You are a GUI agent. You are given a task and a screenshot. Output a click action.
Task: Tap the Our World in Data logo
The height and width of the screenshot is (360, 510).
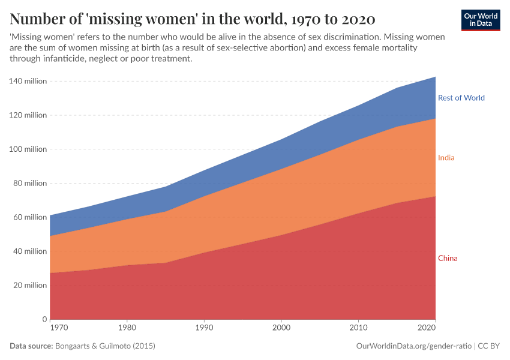pos(480,20)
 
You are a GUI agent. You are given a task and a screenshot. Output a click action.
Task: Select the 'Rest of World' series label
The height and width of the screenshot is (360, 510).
pos(461,98)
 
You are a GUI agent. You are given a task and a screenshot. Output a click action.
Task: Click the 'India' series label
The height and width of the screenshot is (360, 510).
pos(446,158)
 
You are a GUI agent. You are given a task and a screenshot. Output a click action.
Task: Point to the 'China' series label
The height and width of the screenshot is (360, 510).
pos(447,259)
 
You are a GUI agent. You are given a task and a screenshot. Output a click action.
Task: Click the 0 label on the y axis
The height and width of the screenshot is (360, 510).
pos(44,319)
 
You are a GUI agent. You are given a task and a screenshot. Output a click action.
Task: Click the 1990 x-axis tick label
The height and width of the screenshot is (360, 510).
pos(205,329)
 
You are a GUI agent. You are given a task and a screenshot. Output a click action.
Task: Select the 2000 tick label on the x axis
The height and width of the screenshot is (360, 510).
pos(281,329)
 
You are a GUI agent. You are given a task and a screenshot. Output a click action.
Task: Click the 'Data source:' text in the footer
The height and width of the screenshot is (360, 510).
pos(31,346)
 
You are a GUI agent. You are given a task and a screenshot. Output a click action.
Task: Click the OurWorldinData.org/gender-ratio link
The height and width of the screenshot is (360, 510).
pos(413,346)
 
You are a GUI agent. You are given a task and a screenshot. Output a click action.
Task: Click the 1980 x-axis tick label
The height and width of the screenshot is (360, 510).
pos(127,329)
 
